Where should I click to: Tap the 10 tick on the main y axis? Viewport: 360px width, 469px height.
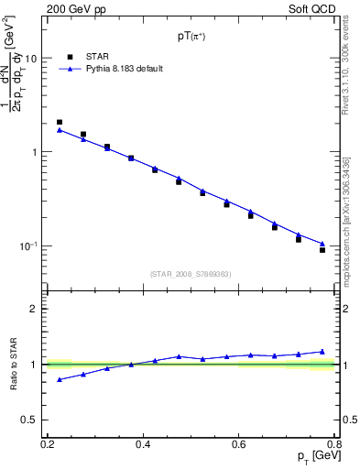click(x=34, y=59)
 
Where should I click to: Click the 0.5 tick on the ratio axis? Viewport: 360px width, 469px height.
click(x=32, y=420)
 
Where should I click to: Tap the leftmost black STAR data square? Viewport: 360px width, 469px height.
click(x=60, y=122)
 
